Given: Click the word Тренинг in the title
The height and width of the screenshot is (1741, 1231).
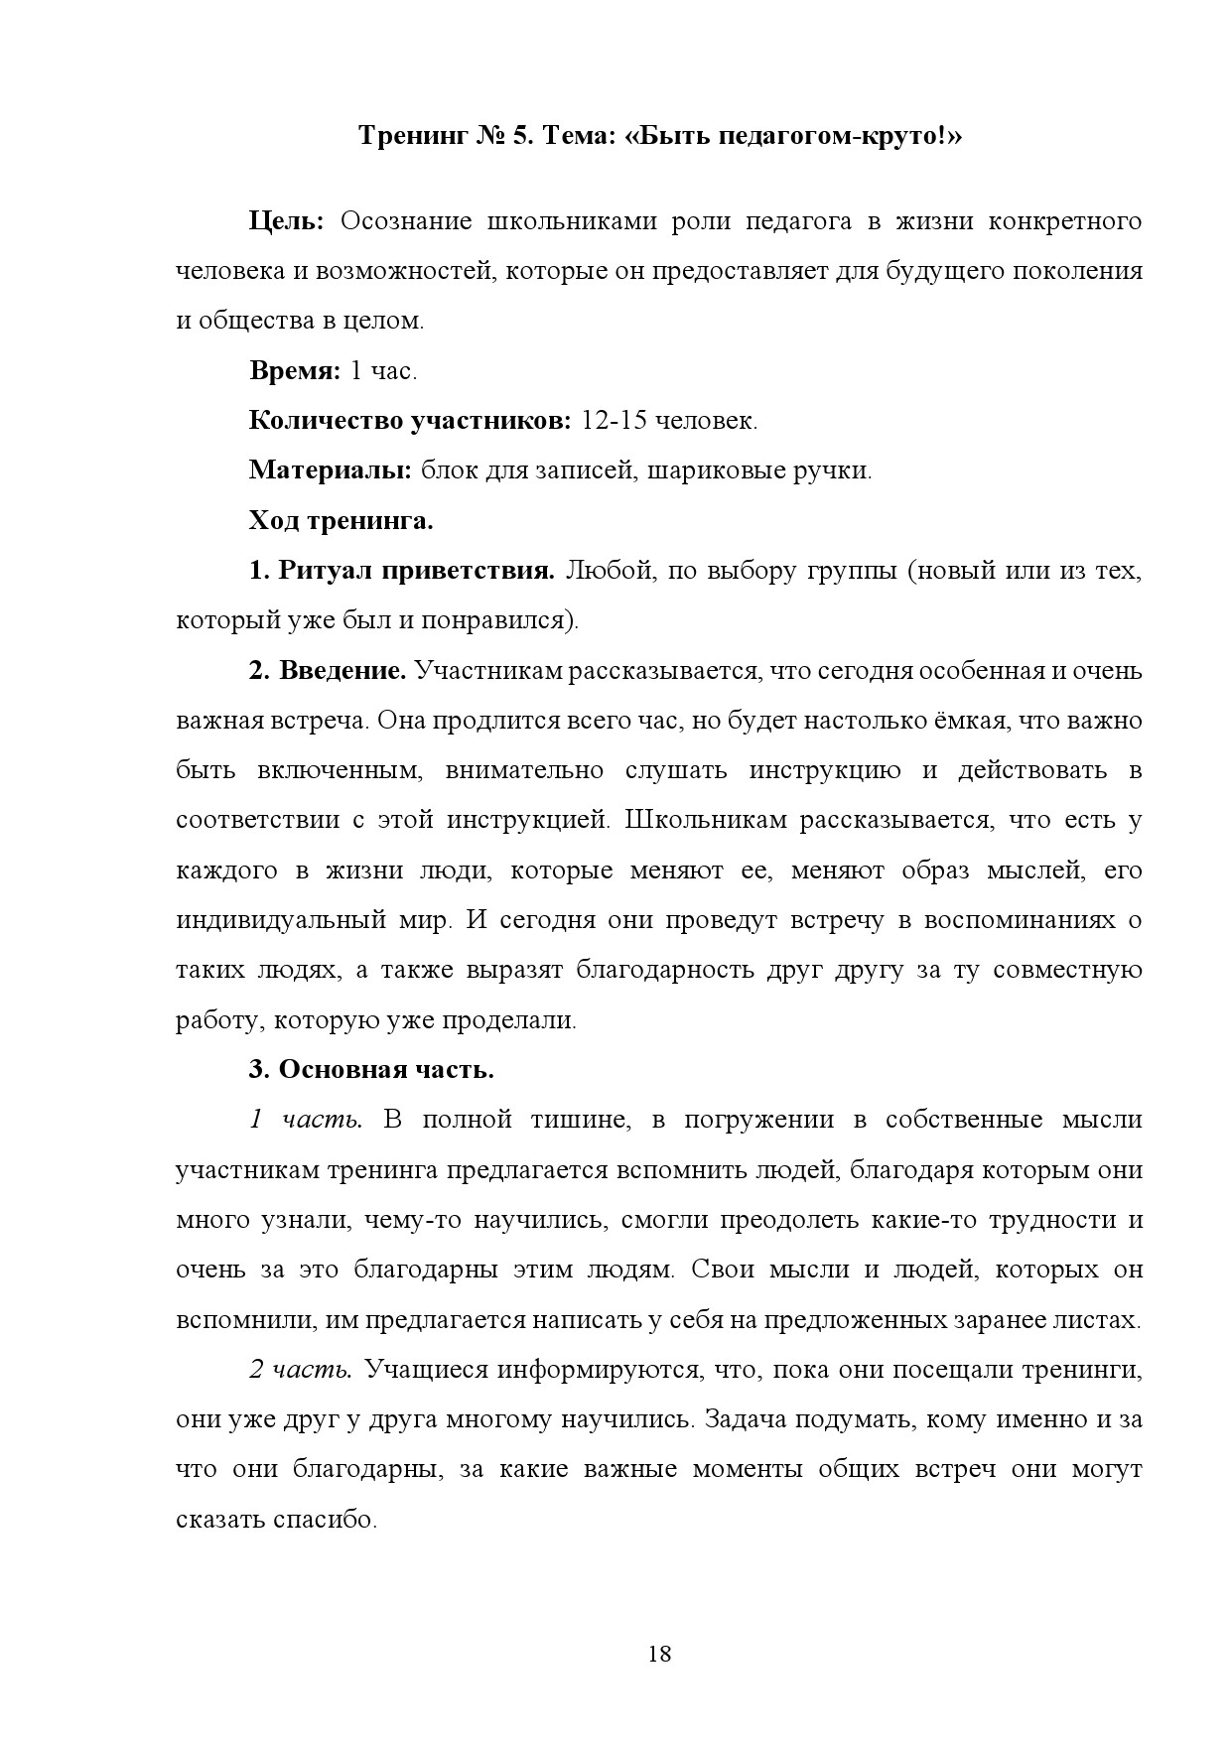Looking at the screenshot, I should click(x=407, y=136).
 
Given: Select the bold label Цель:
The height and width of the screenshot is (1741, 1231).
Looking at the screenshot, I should click(x=286, y=221).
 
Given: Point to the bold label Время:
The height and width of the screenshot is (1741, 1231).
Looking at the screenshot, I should click(x=294, y=371).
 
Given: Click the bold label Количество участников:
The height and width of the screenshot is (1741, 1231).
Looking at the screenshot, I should click(x=409, y=421).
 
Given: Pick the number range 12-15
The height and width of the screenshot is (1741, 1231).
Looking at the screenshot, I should click(x=615, y=421).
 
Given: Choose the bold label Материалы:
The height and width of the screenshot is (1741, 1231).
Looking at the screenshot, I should click(x=330, y=470).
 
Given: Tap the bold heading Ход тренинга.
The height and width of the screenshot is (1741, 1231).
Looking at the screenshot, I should click(x=341, y=520).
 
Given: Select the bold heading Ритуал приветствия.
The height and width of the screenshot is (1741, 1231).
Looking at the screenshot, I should click(x=416, y=571).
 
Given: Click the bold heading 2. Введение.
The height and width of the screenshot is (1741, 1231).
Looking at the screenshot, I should click(x=328, y=671).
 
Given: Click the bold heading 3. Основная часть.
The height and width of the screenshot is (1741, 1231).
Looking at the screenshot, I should click(x=371, y=1070).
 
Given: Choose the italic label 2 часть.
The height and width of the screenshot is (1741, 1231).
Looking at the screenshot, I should click(x=300, y=1370).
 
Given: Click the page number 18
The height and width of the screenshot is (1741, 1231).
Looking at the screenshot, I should click(x=659, y=1654).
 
